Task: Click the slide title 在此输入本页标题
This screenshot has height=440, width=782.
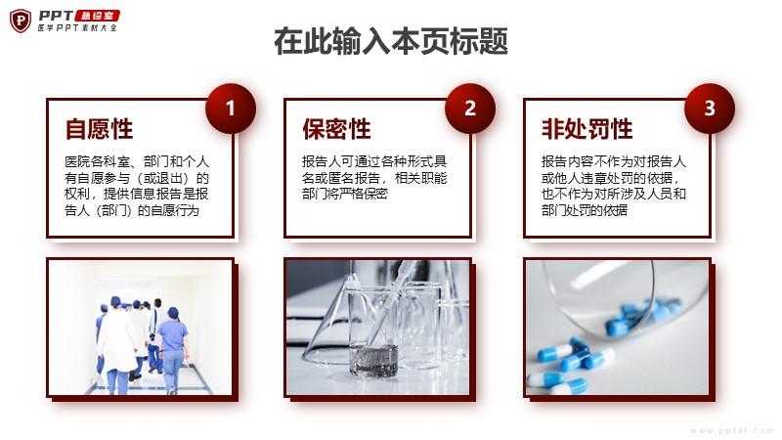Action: tap(391, 41)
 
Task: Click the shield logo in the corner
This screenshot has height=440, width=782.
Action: tap(21, 21)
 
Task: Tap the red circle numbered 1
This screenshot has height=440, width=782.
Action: tap(231, 109)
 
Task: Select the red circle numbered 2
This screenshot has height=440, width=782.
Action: tap(470, 109)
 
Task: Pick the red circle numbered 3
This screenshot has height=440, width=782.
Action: tap(710, 109)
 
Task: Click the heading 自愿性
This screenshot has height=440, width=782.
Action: tap(100, 129)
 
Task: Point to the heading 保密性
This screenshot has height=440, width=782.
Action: tap(336, 129)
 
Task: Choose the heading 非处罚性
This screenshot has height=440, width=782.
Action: tap(587, 129)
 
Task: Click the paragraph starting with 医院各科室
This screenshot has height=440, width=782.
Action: tap(137, 186)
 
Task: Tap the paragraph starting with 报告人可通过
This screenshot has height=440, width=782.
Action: tap(374, 178)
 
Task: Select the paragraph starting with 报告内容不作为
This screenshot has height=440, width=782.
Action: tap(614, 186)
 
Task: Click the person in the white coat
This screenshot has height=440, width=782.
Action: tap(117, 345)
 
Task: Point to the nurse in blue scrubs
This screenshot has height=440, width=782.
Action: tap(173, 350)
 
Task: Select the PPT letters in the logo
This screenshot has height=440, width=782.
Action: tap(56, 16)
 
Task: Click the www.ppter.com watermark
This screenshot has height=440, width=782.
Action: tap(731, 430)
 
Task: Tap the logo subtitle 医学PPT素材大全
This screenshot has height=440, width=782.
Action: tap(77, 28)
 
